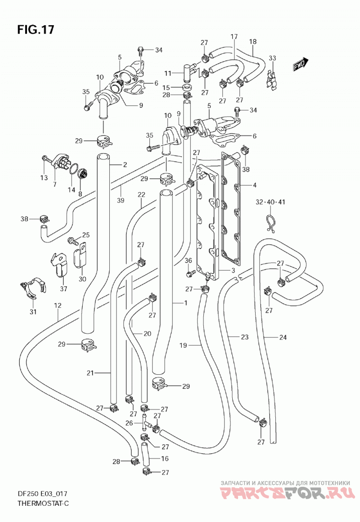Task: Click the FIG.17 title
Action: tap(35, 30)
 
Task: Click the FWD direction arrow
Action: tap(301, 64)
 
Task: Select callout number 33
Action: tap(272, 58)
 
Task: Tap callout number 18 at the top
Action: tap(253, 41)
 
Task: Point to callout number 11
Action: tap(168, 73)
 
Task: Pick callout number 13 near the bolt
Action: tap(44, 178)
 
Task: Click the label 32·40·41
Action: tap(270, 202)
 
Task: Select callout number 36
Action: tap(188, 260)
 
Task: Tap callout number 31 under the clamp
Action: tap(33, 312)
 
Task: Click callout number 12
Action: tap(58, 305)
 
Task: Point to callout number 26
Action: tap(129, 423)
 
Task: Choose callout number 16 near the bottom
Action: tap(165, 458)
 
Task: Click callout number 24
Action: tap(283, 337)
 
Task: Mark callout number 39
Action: tap(121, 200)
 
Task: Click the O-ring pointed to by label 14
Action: tap(74, 169)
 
